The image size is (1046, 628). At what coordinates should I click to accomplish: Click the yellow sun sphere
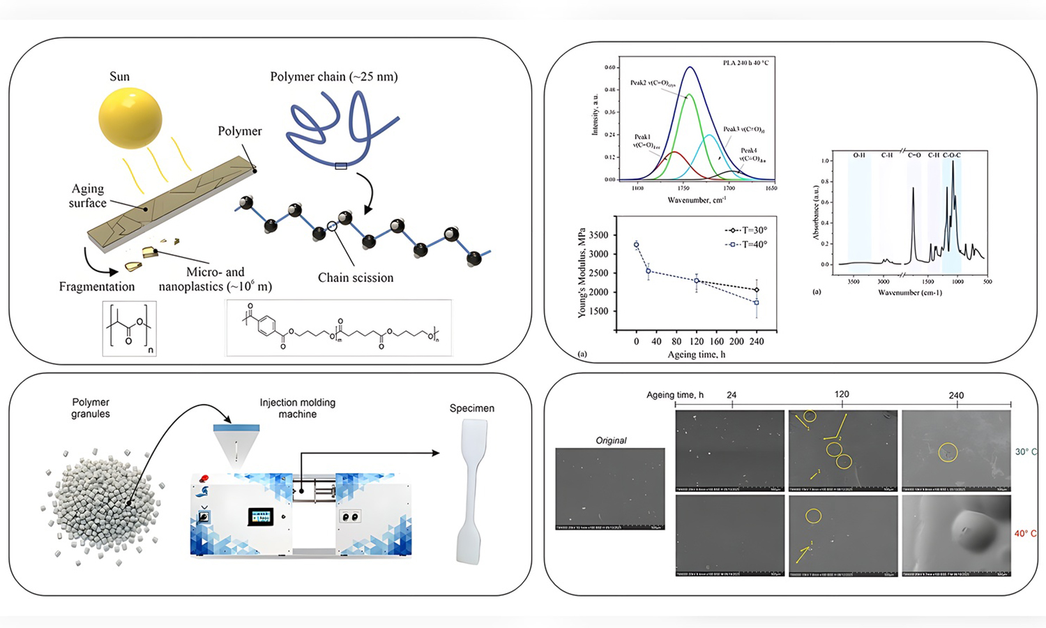click(130, 118)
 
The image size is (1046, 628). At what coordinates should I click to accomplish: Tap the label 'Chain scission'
click(356, 278)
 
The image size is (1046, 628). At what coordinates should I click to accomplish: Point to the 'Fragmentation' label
click(97, 287)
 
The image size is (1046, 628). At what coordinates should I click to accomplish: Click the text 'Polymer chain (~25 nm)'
click(334, 77)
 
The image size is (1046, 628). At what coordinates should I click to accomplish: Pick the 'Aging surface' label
click(88, 196)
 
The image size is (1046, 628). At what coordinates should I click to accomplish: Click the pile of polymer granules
click(103, 502)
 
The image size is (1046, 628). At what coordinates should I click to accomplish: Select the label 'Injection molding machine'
click(298, 408)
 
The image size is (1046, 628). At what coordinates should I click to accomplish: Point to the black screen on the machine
click(261, 516)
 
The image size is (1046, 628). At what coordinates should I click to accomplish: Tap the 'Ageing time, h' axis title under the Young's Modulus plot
click(687, 354)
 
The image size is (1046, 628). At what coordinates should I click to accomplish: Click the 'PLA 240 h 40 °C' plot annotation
click(745, 63)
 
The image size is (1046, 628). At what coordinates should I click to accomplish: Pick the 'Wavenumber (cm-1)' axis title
click(909, 292)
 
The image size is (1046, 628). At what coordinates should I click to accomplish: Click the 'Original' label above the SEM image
click(611, 440)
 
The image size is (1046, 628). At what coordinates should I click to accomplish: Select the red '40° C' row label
click(1025, 534)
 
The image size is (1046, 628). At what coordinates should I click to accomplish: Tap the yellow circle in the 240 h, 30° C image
click(947, 452)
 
